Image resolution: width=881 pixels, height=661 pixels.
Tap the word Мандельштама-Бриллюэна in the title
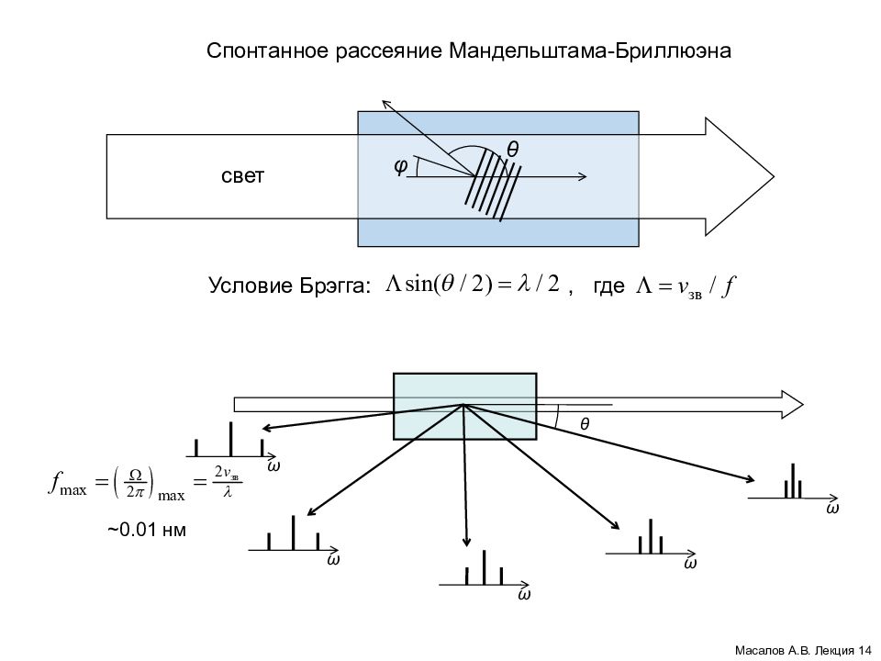(x=590, y=50)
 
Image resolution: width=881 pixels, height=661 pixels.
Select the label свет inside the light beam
(x=242, y=176)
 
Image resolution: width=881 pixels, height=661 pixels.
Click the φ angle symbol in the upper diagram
(x=400, y=165)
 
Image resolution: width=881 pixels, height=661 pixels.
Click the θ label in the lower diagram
(x=584, y=424)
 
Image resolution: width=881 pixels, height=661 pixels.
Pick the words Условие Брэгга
(x=290, y=286)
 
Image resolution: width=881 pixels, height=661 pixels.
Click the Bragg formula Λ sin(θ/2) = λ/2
(x=472, y=285)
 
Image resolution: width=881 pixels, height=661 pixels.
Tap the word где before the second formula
(x=608, y=286)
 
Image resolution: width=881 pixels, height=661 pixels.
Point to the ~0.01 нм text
(x=147, y=530)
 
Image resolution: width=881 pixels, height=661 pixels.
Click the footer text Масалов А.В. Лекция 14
(x=803, y=650)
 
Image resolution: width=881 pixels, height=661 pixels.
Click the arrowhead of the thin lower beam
(x=792, y=404)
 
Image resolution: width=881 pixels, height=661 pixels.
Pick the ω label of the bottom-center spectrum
(x=523, y=595)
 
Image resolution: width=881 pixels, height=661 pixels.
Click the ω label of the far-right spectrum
(x=832, y=508)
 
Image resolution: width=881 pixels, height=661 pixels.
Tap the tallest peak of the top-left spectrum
(x=230, y=439)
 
